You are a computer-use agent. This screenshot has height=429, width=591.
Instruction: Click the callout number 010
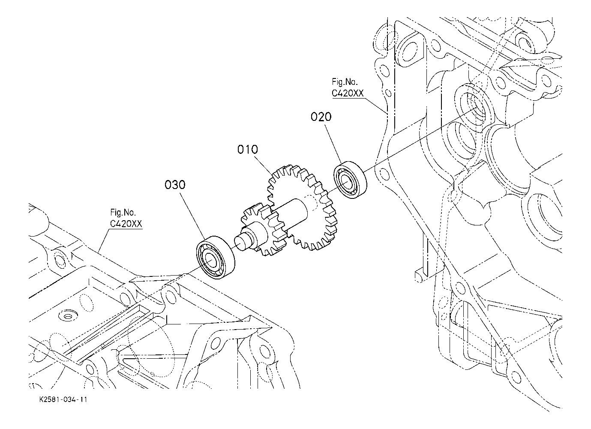247,150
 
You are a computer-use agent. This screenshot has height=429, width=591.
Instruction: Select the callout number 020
321,117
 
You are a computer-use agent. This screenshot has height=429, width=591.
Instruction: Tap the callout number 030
175,185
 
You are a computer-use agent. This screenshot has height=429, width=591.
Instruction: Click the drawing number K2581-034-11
63,399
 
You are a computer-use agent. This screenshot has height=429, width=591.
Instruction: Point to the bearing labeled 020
351,180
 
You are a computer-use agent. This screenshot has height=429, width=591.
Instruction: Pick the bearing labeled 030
216,258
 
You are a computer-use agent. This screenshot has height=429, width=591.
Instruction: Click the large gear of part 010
303,207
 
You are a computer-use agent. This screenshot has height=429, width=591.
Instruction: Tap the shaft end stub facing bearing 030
242,243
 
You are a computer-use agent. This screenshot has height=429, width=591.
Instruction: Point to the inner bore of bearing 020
345,181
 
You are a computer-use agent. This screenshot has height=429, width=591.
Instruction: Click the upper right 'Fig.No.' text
345,82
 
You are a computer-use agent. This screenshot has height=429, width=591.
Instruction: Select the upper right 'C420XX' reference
348,93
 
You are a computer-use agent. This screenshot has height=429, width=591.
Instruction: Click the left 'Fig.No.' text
123,213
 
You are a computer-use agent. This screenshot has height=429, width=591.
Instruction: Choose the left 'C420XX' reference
126,224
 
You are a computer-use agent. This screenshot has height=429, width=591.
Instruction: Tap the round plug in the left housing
68,316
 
